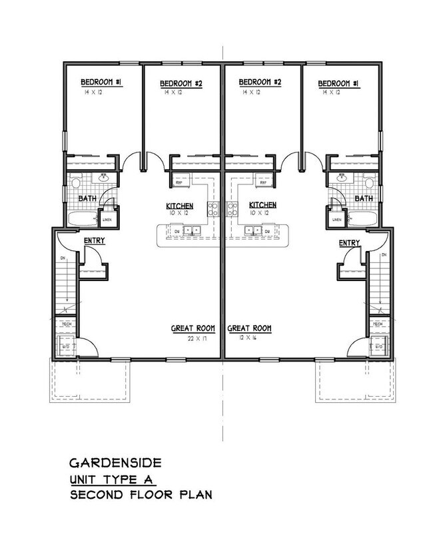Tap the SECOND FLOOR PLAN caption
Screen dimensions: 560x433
click(x=141, y=495)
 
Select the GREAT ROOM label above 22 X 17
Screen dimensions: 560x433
click(x=195, y=328)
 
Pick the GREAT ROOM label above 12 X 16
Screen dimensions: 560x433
click(x=250, y=328)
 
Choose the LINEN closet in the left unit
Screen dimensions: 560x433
click(x=107, y=218)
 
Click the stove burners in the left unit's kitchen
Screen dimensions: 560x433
click(x=214, y=208)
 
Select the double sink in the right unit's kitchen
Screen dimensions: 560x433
click(x=254, y=231)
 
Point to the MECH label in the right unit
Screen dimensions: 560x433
click(x=378, y=324)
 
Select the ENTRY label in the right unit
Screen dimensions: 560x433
click(x=349, y=242)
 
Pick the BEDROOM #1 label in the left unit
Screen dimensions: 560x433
click(x=101, y=82)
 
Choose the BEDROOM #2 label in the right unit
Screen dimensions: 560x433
click(x=259, y=82)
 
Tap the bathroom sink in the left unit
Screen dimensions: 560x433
click(x=104, y=178)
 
